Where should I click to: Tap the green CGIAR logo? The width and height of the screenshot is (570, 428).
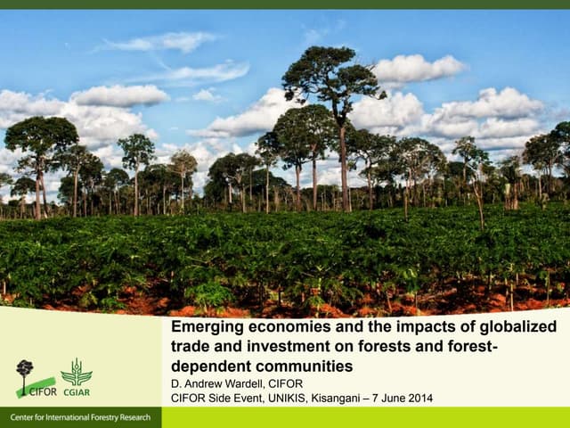tap(76, 376)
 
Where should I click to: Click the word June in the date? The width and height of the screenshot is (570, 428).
tap(389, 398)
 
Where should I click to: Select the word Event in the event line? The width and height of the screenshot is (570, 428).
tap(244, 398)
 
